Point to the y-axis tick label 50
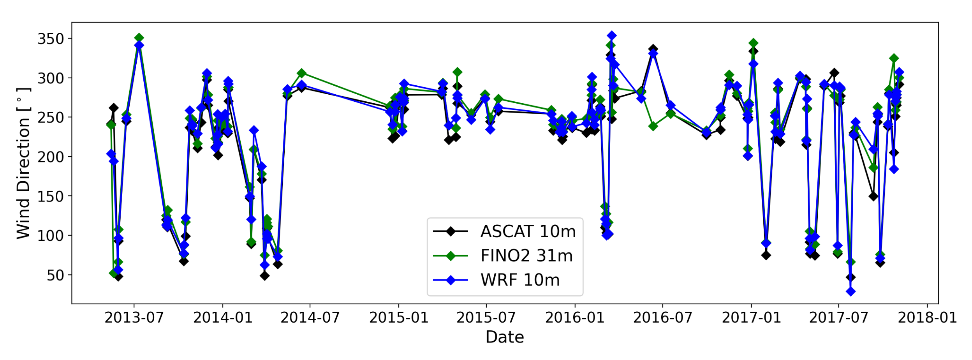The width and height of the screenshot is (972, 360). click(x=55, y=275)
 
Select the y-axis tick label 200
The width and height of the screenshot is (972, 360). click(x=50, y=157)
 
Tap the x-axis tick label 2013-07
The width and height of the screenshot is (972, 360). click(x=134, y=318)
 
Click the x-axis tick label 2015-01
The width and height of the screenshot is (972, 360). click(x=398, y=318)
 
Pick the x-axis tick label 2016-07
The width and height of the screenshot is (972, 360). click(x=662, y=318)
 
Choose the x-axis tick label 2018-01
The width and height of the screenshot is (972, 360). click(x=927, y=318)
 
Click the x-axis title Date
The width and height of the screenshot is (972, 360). click(x=504, y=337)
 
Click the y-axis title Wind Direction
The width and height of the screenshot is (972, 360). click(x=23, y=163)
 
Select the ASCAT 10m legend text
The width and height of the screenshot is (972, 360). click(x=528, y=231)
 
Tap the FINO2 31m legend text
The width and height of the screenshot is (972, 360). click(x=526, y=256)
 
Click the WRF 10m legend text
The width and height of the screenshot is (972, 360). click(x=520, y=280)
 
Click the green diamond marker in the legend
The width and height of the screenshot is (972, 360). click(x=451, y=256)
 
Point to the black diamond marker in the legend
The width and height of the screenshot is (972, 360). click(x=451, y=231)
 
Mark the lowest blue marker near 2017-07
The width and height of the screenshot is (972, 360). click(x=850, y=291)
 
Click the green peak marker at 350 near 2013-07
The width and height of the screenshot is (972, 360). click(x=139, y=38)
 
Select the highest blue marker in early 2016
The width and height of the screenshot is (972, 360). click(x=611, y=35)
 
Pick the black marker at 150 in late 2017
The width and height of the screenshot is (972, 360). click(x=873, y=196)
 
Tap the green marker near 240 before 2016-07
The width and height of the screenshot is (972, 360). click(x=653, y=126)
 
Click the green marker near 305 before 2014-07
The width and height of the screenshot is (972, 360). click(x=301, y=73)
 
